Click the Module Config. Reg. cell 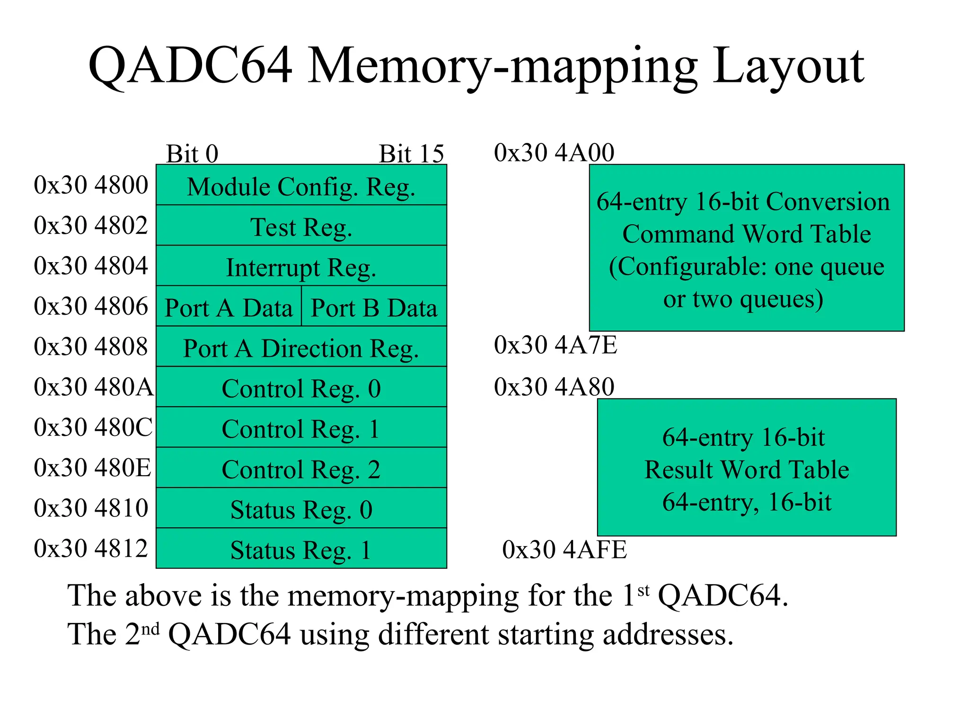point(301,186)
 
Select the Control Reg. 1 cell point(301,428)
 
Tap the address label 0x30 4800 point(91,185)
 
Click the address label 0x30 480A point(94,387)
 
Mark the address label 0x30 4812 point(91,548)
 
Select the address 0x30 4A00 point(554,152)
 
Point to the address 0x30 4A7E point(555,345)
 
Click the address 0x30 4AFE point(564,549)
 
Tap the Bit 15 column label point(411,153)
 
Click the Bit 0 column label point(192,153)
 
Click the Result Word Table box point(747,468)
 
